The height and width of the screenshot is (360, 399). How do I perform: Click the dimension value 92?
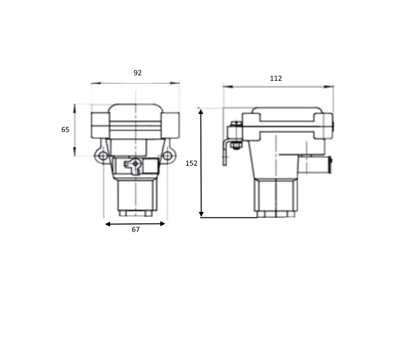(137, 73)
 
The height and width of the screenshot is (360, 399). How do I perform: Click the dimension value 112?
(276, 78)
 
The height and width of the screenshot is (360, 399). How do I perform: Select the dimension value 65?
(65, 130)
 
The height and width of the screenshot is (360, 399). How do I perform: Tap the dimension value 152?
(191, 163)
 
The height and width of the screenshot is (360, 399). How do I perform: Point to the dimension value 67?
(136, 229)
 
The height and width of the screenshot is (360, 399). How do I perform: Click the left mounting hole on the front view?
(103, 156)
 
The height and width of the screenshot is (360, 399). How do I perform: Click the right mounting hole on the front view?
(167, 156)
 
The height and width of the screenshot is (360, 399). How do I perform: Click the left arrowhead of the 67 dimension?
(108, 224)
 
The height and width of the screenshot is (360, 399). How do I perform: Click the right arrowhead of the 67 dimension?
(163, 224)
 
